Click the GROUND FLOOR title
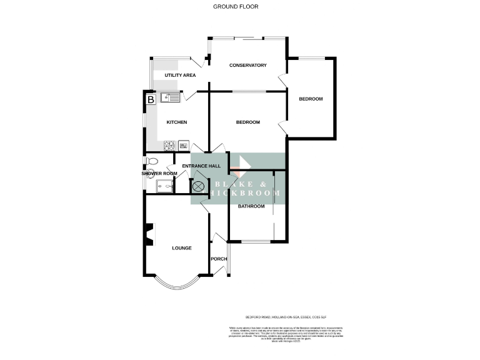tap(236, 7)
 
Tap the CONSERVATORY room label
tap(248, 66)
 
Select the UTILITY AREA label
tap(180, 76)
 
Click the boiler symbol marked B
tap(151, 99)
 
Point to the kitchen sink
tap(170, 97)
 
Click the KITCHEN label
tap(177, 122)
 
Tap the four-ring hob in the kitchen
tap(169, 146)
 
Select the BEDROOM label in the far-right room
tap(311, 99)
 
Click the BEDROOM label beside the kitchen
tap(247, 122)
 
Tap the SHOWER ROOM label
tap(159, 173)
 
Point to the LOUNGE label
tap(182, 248)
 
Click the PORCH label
tap(219, 259)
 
